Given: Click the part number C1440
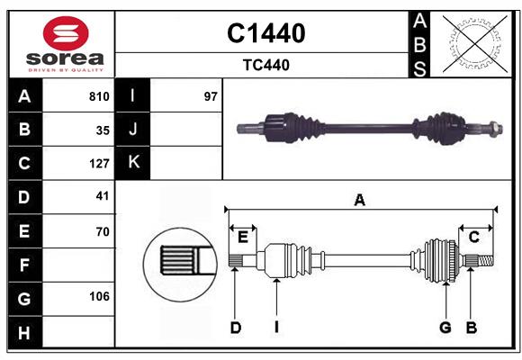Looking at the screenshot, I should (x=265, y=33).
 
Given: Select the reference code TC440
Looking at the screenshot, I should (x=265, y=65).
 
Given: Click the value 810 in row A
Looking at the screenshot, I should (x=99, y=96).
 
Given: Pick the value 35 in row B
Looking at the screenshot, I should (x=103, y=130).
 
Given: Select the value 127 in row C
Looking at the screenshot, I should (x=99, y=164).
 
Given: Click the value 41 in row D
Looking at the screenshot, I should (x=102, y=196).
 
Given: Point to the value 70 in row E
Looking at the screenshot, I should (x=102, y=231).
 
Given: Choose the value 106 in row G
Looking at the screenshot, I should (x=99, y=297).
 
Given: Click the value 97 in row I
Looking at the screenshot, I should (x=211, y=96).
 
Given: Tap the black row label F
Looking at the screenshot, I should (x=24, y=265).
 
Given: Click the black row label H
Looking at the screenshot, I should (x=24, y=333).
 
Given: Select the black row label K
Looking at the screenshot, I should (x=133, y=163).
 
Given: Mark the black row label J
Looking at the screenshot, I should (x=133, y=130).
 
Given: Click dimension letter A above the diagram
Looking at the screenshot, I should (x=360, y=200).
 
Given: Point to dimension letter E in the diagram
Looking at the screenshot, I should (x=243, y=237).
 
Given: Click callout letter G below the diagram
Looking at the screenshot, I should (x=445, y=328).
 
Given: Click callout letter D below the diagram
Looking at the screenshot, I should (x=235, y=328).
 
